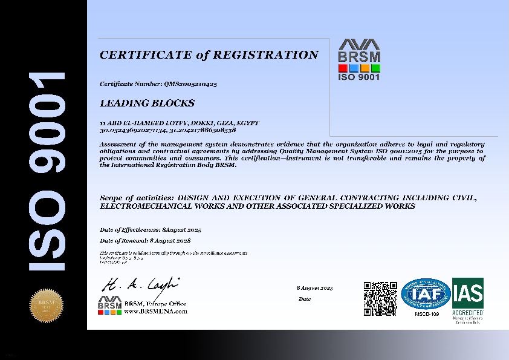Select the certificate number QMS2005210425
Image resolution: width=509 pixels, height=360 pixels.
tap(190, 84)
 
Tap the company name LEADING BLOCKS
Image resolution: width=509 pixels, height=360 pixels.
tap(147, 103)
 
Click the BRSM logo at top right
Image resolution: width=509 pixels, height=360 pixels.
tap(358, 60)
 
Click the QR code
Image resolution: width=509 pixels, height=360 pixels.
tap(380, 298)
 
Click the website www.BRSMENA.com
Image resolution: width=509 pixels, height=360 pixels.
tap(155, 311)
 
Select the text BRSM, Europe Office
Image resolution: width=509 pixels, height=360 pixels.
tap(155, 304)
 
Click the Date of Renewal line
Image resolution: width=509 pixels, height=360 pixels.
tap(150, 241)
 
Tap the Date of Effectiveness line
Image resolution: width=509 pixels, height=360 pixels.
tap(150, 231)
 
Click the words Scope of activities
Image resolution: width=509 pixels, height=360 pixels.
tap(136, 198)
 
